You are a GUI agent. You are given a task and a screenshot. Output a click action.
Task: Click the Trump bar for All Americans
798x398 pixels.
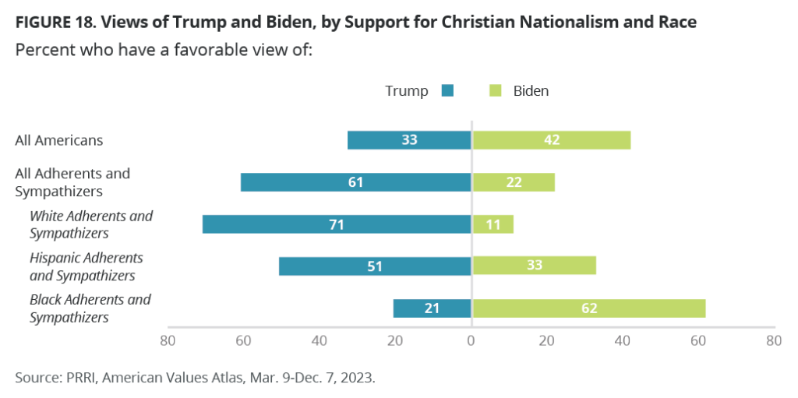tap(409, 140)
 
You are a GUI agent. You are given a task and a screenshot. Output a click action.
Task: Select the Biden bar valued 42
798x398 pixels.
tap(551, 140)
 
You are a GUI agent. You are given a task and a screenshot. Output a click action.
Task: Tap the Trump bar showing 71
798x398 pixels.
tap(337, 224)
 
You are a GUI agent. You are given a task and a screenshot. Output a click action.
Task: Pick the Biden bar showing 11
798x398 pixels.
tap(493, 224)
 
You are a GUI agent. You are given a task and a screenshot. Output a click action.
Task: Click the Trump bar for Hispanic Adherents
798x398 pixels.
tap(375, 266)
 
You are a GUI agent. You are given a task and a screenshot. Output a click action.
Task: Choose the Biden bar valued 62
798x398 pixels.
tap(588, 308)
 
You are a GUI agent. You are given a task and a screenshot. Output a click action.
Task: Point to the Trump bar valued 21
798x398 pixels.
tap(432, 308)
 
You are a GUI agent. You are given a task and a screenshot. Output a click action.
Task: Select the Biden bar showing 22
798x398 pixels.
tap(513, 182)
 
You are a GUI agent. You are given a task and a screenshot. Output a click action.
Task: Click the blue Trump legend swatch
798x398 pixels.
tap(447, 91)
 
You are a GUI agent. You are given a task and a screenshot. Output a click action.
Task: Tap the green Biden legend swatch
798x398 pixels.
tap(495, 91)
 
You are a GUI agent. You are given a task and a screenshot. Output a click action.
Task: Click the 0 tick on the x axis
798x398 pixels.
tap(471, 340)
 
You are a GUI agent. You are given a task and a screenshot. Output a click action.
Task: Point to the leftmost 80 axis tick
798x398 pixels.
tap(167, 340)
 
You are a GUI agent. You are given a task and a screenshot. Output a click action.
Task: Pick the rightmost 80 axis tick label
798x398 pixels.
tap(774, 340)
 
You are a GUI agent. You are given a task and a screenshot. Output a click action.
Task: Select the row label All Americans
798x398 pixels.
tap(59, 140)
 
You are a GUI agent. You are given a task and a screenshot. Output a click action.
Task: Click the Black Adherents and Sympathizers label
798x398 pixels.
tap(90, 308)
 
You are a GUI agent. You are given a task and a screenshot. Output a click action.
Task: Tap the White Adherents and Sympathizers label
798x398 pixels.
tap(90, 224)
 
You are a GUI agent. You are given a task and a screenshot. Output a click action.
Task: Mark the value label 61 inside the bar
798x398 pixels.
tap(356, 182)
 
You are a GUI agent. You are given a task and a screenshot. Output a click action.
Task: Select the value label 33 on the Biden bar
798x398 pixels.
tap(534, 266)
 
